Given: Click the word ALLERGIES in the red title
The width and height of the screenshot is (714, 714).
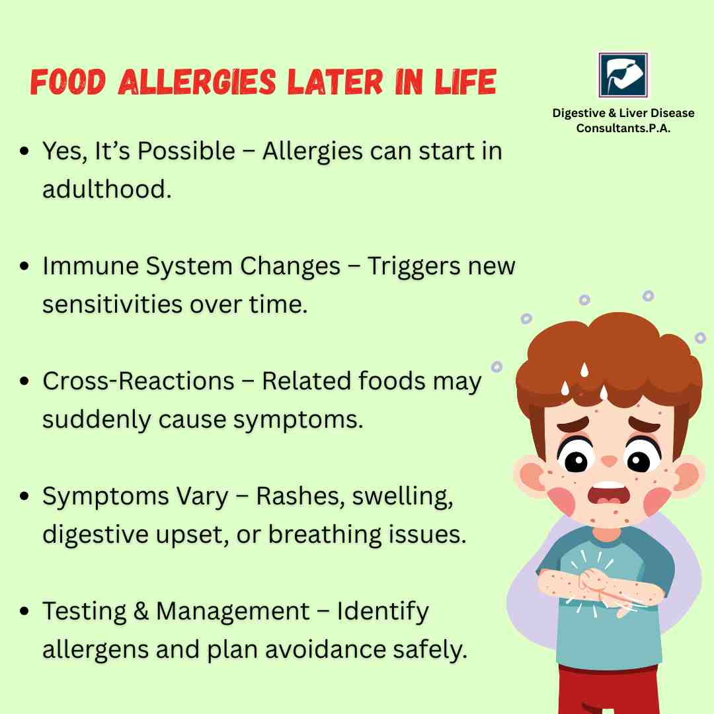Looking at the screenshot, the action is coord(197,82).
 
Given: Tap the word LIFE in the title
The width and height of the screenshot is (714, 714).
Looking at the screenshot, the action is coord(465,82).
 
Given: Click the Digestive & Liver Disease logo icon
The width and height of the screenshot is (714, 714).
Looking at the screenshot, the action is coord(623,75).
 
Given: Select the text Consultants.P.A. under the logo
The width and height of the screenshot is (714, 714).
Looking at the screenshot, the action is coord(623,128).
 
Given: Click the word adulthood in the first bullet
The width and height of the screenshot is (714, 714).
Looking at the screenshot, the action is coord(107,188).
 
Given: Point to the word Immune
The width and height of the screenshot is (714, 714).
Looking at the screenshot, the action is coord(91,266).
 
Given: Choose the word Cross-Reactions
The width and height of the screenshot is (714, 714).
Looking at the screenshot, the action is coord(138,381).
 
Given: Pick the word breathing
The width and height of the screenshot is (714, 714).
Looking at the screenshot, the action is coord(324,535).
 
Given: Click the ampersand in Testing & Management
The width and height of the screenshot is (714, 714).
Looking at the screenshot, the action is coord(141,611).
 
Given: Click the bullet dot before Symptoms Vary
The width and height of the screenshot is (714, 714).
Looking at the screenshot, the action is coord(24,496).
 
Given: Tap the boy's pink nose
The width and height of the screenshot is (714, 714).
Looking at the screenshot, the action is coord(610,461).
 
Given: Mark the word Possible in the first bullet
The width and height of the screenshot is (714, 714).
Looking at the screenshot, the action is coord(186,151).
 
